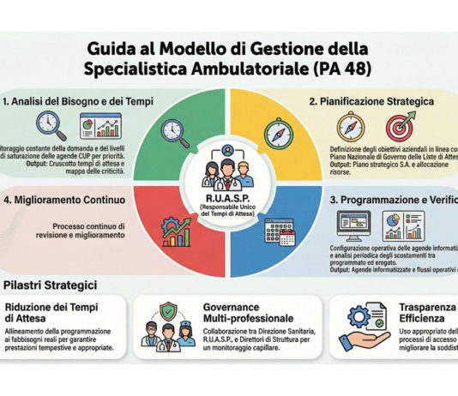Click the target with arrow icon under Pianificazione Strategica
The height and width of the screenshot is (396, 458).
[x=400, y=125]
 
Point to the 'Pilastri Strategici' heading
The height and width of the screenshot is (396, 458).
[x=52, y=283]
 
